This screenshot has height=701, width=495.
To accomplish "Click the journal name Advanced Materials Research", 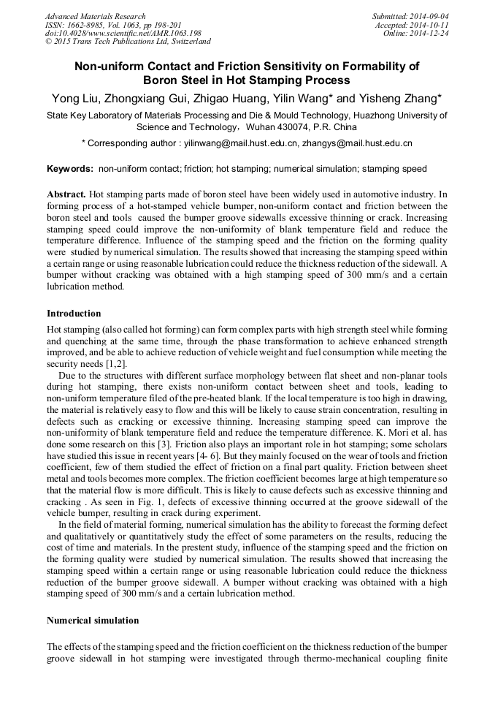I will (x=95, y=16).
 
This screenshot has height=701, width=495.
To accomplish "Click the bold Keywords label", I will (x=70, y=169).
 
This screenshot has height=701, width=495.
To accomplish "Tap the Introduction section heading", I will (x=74, y=314).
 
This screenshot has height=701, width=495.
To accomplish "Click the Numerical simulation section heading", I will (x=93, y=620).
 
